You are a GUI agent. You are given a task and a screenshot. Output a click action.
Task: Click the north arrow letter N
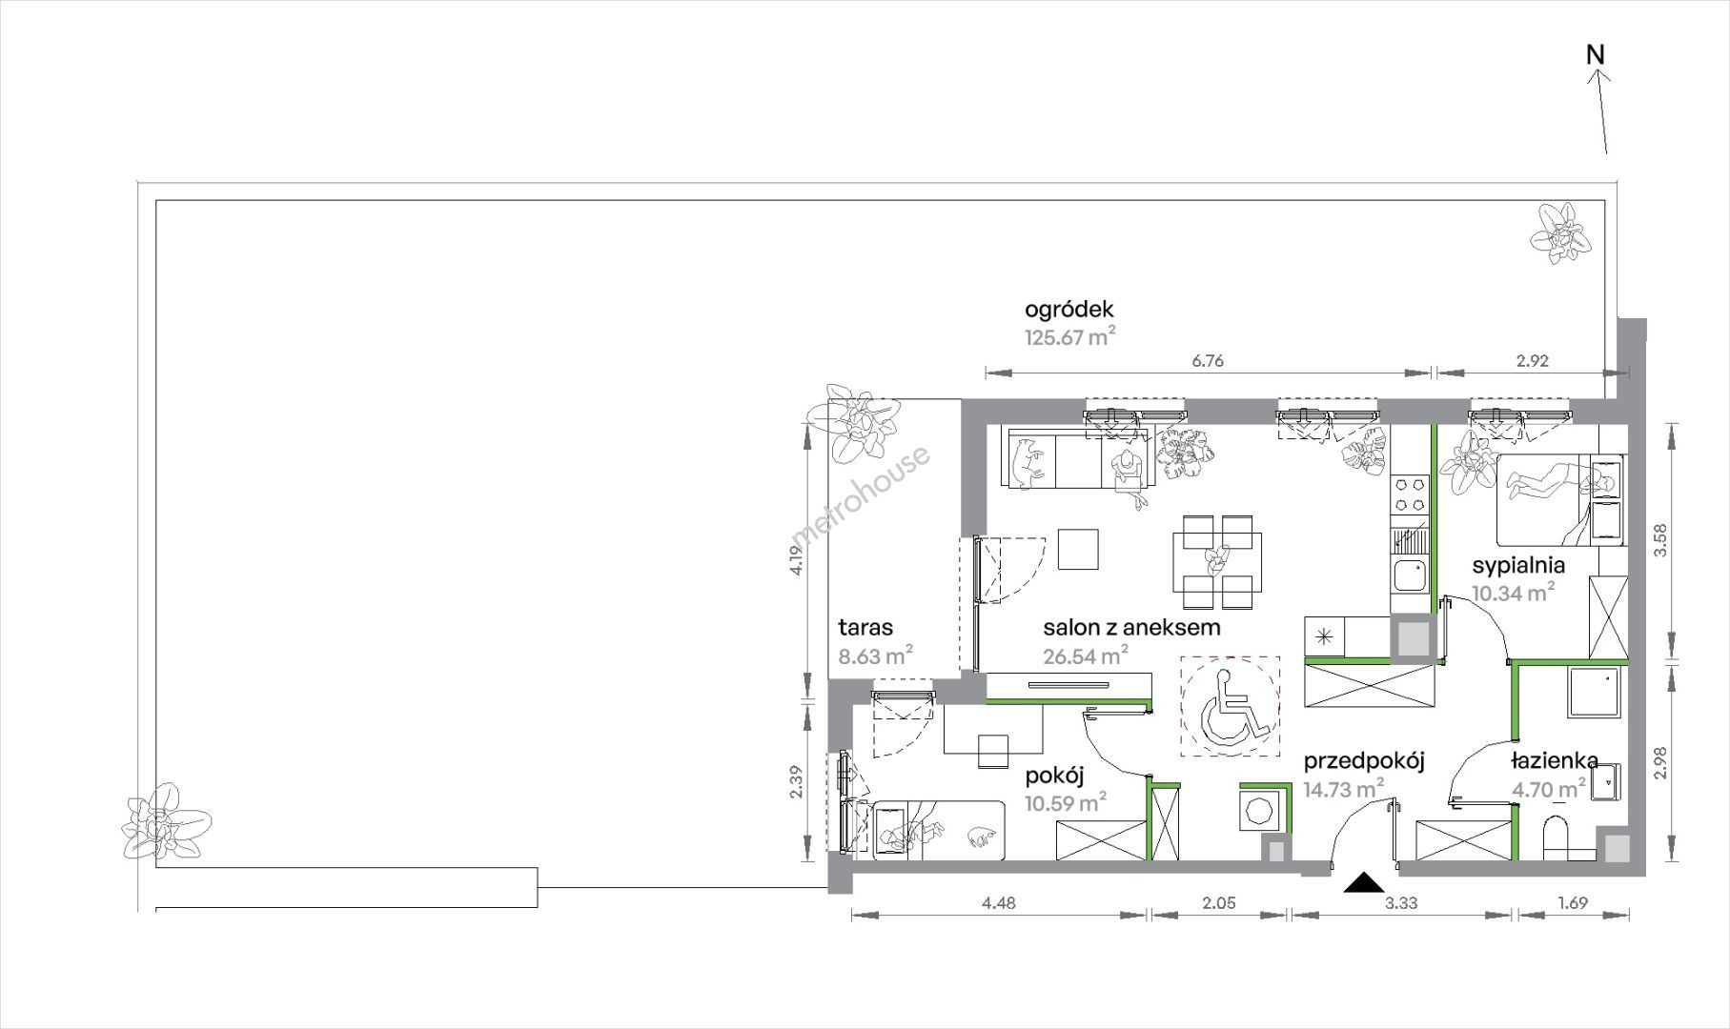pyautogui.click(x=1596, y=55)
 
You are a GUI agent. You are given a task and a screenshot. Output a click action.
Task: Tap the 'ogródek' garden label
pyautogui.click(x=1069, y=310)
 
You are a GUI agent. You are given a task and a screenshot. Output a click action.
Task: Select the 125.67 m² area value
pyautogui.click(x=1069, y=336)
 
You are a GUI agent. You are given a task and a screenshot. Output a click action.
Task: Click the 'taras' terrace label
pyautogui.click(x=865, y=627)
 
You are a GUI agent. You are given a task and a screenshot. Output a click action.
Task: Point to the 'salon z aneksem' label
pyautogui.click(x=1131, y=627)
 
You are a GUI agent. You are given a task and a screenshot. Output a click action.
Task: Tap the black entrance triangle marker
pyautogui.click(x=1363, y=883)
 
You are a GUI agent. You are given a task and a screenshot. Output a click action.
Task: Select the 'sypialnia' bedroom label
pyautogui.click(x=1518, y=565)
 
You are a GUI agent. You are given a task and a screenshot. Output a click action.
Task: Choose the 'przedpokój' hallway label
pyautogui.click(x=1363, y=761)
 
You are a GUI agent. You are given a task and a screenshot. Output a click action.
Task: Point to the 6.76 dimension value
pyautogui.click(x=1208, y=361)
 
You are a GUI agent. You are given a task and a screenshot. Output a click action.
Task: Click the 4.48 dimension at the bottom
pyautogui.click(x=998, y=903)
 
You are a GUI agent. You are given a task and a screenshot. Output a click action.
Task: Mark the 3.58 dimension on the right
pyautogui.click(x=1662, y=541)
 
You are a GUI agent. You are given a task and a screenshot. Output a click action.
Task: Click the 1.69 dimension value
pyautogui.click(x=1572, y=903)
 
